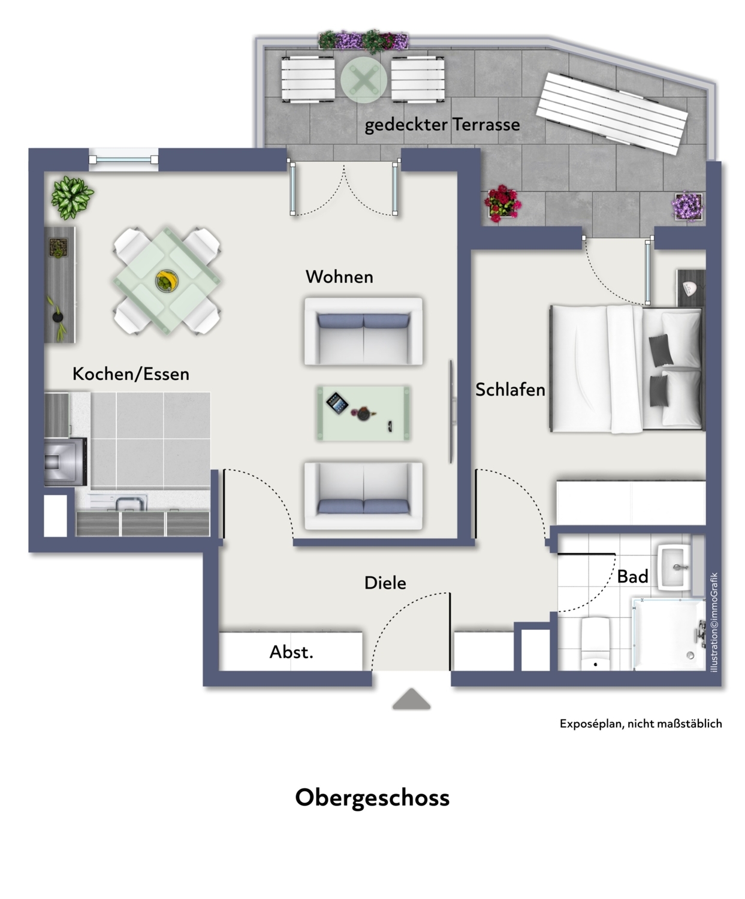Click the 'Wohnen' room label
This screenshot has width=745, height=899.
pyautogui.click(x=339, y=277)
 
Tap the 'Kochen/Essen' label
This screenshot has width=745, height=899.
pyautogui.click(x=131, y=374)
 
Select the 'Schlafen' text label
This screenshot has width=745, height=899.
pyautogui.click(x=510, y=390)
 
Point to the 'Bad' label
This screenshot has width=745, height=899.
pyautogui.click(x=632, y=577)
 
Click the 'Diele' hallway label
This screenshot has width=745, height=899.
pyautogui.click(x=385, y=583)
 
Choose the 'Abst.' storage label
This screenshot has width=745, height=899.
pyautogui.click(x=291, y=652)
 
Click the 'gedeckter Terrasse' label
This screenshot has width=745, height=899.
pyautogui.click(x=442, y=125)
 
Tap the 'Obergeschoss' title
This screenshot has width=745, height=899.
pyautogui.click(x=372, y=798)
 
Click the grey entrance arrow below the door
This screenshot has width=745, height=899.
pyautogui.click(x=412, y=699)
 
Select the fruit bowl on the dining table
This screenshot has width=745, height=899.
pyautogui.click(x=165, y=280)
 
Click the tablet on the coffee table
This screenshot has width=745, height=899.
pyautogui.click(x=337, y=402)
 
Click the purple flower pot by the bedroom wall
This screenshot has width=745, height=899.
pyautogui.click(x=687, y=206)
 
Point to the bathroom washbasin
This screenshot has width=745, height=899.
pyautogui.click(x=676, y=567)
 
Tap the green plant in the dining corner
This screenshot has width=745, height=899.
pyautogui.click(x=71, y=196)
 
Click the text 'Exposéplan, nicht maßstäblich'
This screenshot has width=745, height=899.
pyautogui.click(x=640, y=724)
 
